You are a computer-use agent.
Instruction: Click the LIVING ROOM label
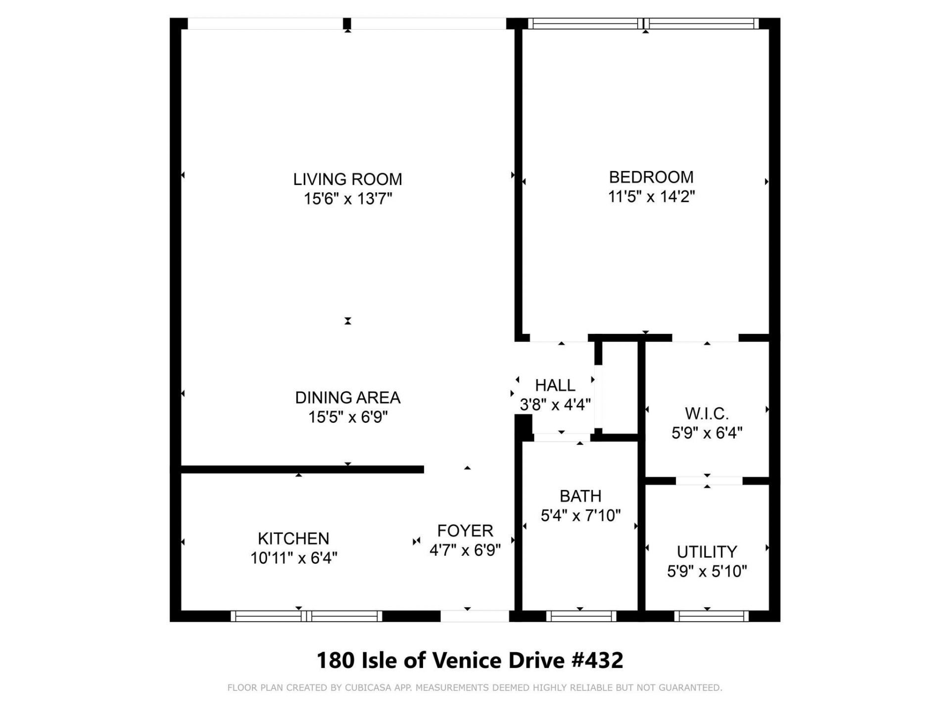pos(347,179)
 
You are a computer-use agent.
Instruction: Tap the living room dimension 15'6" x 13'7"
pos(347,199)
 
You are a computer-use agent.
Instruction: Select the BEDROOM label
pos(651,177)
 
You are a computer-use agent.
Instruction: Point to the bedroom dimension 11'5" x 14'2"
pos(651,197)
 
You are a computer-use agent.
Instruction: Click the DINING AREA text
pos(347,398)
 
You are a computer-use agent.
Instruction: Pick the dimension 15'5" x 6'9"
pos(347,417)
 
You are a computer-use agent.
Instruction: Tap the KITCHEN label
pos(293,538)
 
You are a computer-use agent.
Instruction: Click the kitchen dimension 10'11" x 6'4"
pos(293,558)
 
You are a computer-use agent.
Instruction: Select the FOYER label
pos(465,531)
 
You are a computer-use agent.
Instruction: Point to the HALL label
pos(555,385)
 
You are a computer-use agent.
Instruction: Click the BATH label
pos(580,496)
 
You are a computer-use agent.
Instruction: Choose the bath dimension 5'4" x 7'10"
pos(580,516)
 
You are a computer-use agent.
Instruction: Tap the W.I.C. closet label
pos(707,413)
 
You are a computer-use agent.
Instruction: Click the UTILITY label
pos(707,552)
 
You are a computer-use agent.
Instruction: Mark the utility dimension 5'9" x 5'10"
pos(707,572)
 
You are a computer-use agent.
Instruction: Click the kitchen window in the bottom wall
pos(306,616)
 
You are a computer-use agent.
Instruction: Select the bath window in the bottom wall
pos(581,616)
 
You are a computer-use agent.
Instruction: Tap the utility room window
pos(711,616)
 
